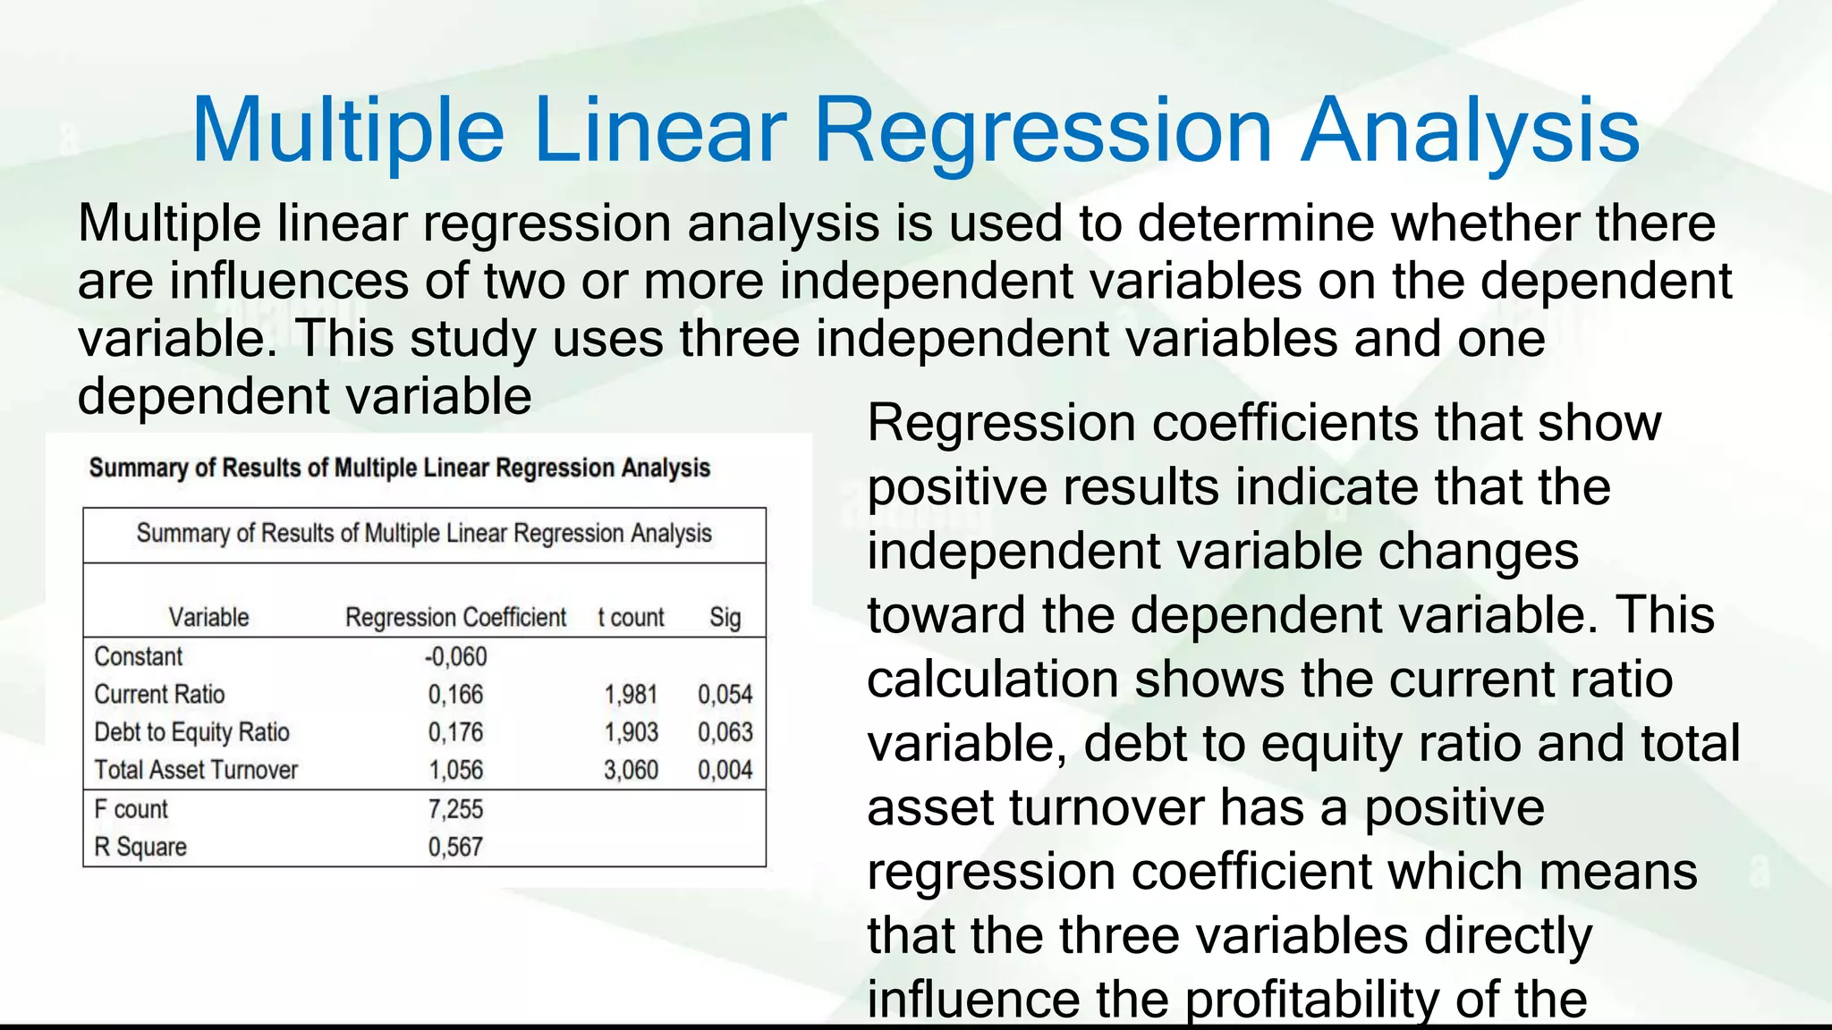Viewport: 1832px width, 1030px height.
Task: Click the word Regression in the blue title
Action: [1042, 131]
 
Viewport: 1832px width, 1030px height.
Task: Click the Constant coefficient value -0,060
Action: [455, 657]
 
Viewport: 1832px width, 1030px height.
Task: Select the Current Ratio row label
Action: [159, 695]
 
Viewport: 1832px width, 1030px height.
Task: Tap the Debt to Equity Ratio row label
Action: [191, 732]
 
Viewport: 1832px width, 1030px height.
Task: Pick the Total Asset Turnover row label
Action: [196, 770]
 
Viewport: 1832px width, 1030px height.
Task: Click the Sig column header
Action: [725, 618]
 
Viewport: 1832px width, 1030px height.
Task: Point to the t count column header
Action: [631, 618]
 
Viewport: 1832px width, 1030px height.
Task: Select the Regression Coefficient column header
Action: [455, 618]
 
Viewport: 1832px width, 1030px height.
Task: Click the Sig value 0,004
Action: [725, 770]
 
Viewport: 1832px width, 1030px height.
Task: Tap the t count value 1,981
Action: [631, 695]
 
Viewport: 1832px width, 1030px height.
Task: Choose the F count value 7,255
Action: [455, 809]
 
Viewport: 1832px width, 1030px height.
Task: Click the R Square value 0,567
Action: [455, 847]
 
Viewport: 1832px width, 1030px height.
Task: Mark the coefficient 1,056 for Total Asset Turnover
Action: [455, 770]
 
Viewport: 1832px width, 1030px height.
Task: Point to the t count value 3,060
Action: [631, 770]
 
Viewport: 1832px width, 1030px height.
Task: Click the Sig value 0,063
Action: [725, 732]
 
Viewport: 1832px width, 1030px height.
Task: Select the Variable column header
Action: [208, 618]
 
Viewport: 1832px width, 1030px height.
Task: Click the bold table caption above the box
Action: [399, 469]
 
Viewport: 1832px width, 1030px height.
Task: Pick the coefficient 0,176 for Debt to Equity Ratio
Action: [455, 732]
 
